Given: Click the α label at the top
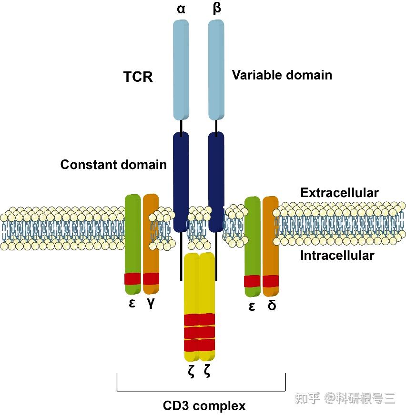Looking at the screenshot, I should (181, 9).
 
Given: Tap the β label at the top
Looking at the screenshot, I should (217, 9).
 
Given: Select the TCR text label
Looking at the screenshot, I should (138, 77).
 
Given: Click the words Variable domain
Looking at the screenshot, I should (282, 75).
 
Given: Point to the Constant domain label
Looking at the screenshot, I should (113, 165).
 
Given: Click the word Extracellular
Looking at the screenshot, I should (339, 193).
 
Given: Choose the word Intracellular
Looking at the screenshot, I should (337, 256).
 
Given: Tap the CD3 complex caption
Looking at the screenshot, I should (204, 406).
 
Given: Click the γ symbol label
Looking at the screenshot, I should (151, 303).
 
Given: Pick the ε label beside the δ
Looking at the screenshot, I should (252, 306).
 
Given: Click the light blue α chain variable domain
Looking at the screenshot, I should (181, 69).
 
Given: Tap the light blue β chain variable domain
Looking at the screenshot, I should (216, 69).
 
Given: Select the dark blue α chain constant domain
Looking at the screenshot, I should (181, 181).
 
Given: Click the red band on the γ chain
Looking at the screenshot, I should (151, 278).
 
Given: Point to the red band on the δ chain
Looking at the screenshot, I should (270, 281).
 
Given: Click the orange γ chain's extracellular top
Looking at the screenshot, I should (151, 202).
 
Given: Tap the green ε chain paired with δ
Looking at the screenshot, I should (252, 238).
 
